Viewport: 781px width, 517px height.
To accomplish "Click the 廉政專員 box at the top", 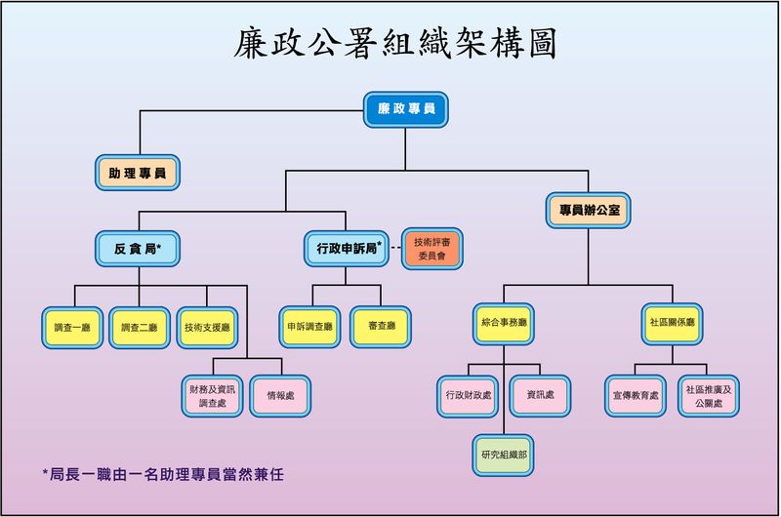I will [406, 109].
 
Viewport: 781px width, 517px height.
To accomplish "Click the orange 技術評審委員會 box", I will [432, 249].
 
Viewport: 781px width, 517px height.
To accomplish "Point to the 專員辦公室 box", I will [589, 210].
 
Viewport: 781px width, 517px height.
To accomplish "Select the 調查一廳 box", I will [73, 328].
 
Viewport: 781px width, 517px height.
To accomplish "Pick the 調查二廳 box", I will [140, 328].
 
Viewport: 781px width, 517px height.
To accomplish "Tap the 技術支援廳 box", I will [207, 328].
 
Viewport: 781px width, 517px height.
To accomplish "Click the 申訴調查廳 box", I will [310, 328].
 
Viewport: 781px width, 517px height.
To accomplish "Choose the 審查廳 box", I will [382, 328].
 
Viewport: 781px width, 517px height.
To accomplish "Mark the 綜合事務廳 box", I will [504, 322].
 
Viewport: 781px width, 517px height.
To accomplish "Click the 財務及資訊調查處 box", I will [213, 395].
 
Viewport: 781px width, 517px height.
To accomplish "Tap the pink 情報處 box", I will [280, 395].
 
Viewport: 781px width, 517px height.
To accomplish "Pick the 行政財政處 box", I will [469, 395].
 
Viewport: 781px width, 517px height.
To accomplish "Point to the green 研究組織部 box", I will [504, 455].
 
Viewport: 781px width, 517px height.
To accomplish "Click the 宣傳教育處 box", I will [636, 395].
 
